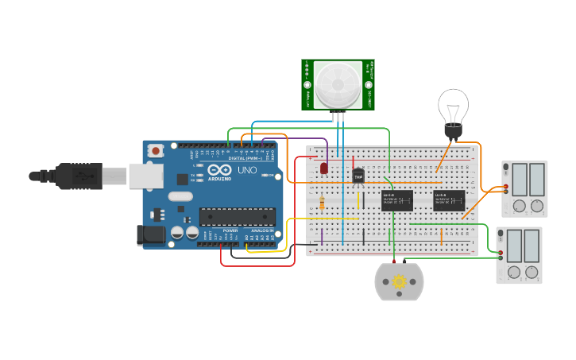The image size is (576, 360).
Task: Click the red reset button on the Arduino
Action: (157, 149)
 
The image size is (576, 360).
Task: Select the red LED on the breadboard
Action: (324, 168)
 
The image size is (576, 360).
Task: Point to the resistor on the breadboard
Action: (322, 203)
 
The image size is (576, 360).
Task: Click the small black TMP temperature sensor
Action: (358, 175)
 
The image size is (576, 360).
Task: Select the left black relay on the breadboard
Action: (397, 199)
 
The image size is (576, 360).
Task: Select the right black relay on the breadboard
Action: (449, 199)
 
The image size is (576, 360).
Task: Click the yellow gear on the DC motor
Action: (399, 281)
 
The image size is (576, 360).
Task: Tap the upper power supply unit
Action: (525, 189)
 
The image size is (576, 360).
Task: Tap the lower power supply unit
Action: (520, 255)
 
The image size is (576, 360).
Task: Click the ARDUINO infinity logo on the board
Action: (219, 170)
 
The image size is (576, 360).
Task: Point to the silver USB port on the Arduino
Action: (145, 176)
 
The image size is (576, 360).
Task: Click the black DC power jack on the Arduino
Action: (151, 234)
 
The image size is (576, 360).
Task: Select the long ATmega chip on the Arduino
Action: (237, 216)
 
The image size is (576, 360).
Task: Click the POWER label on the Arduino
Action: (230, 230)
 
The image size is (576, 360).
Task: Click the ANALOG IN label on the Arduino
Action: (261, 230)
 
